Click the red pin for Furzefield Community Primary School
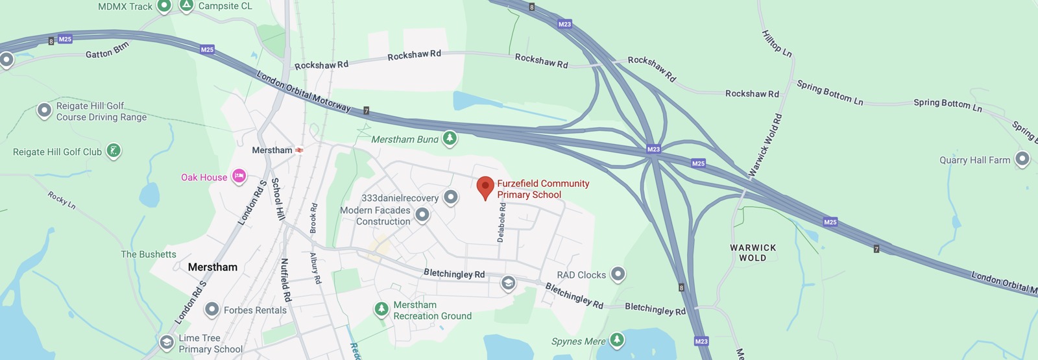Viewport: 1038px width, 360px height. coord(485,187)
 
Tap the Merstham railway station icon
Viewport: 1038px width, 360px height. coord(299,150)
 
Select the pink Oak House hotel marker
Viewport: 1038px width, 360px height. coord(239,176)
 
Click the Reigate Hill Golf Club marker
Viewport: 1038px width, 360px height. coord(114,151)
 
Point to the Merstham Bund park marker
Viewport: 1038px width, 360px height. coord(449,138)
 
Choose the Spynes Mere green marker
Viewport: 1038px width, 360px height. coord(617,339)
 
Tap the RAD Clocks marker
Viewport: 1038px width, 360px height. coord(618,274)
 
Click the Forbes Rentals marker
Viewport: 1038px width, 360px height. coord(211,309)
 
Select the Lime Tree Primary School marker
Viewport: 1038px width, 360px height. coord(167,341)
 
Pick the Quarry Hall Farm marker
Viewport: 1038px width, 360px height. coord(1022,158)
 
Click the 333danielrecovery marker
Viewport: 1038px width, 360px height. coord(451,197)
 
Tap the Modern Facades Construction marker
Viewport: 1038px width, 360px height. coord(422,214)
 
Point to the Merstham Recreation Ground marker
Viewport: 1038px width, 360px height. coord(381,309)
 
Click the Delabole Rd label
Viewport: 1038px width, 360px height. coord(501,222)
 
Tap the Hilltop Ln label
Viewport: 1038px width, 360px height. coord(777,43)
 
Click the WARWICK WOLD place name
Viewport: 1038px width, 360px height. coord(753,252)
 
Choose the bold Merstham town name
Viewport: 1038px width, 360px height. coord(212,267)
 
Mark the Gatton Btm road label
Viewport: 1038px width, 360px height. coord(108,51)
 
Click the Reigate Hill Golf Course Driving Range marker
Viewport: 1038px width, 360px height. coord(44,111)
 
